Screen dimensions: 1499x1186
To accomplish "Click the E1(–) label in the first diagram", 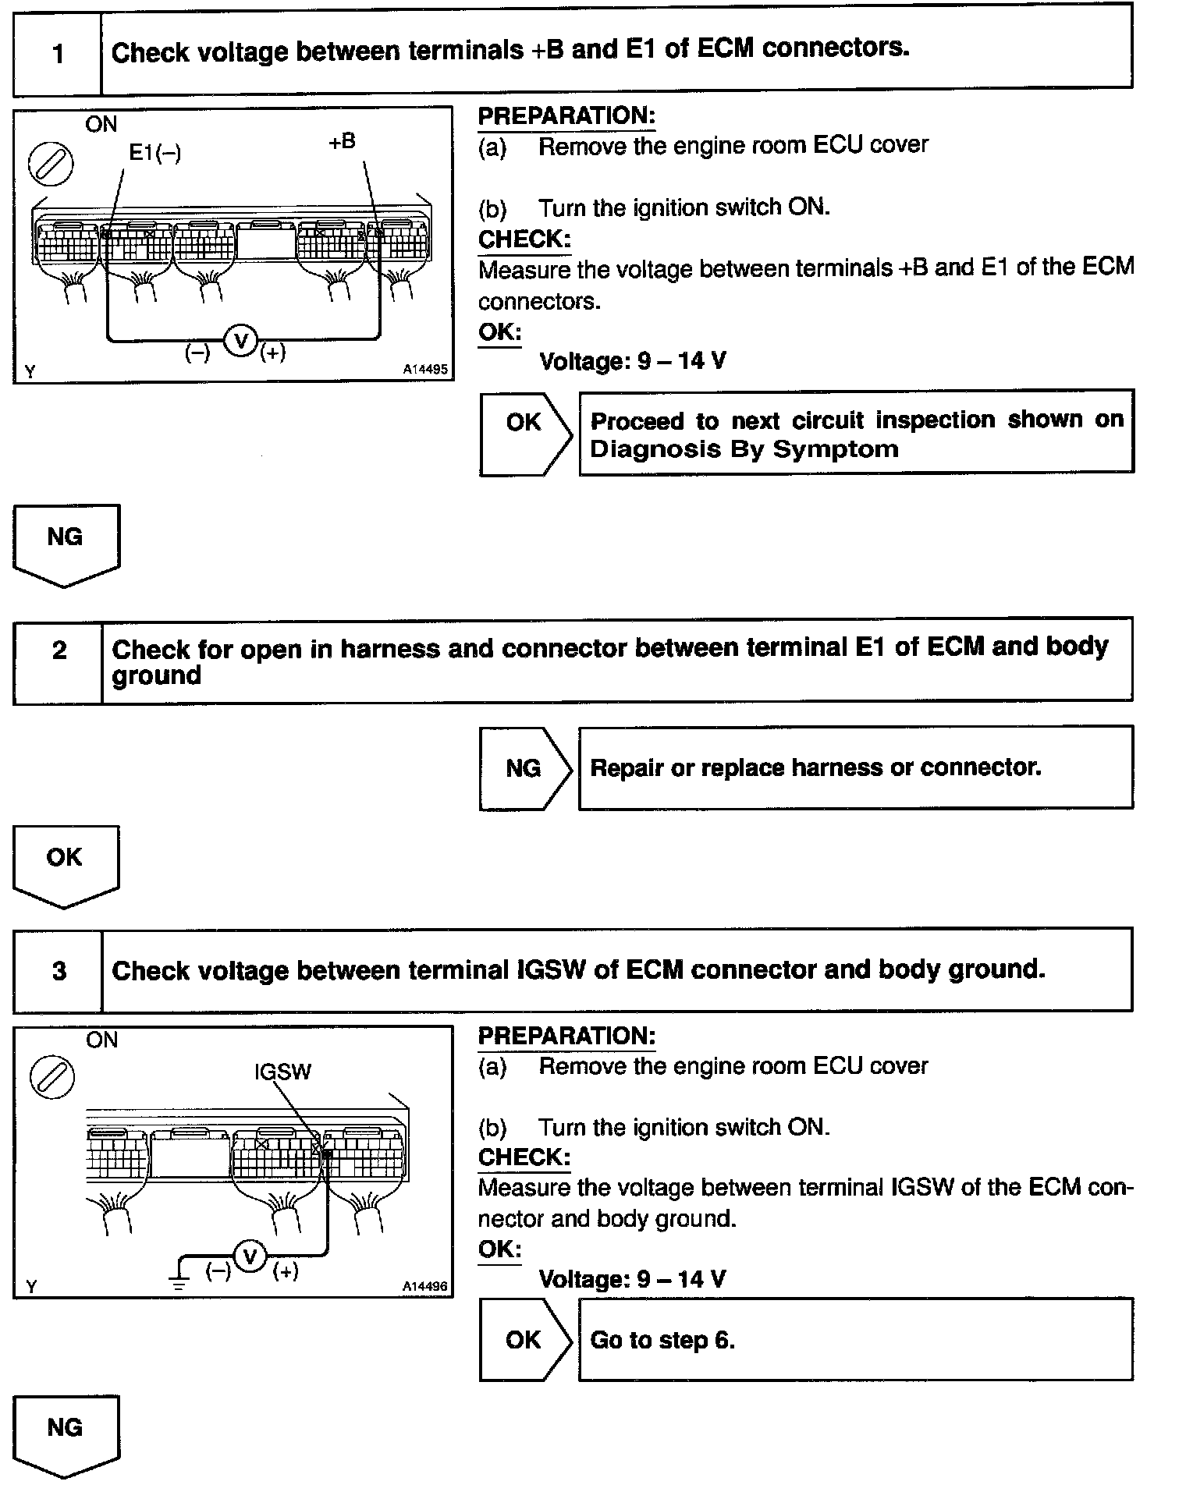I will coord(154,153).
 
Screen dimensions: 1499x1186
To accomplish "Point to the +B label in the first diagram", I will coord(342,142).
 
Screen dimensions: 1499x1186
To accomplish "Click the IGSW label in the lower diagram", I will coord(282,1072).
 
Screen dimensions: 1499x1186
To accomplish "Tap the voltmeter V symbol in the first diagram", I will coord(241,341).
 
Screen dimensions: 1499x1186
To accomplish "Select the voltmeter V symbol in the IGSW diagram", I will coord(250,1256).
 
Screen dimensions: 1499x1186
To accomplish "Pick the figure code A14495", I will coord(425,370).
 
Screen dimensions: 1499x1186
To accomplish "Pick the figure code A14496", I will coord(425,1286).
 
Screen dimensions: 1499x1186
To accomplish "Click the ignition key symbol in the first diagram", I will coord(51,165).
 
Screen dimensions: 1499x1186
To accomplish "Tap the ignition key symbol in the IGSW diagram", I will coord(52,1078).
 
